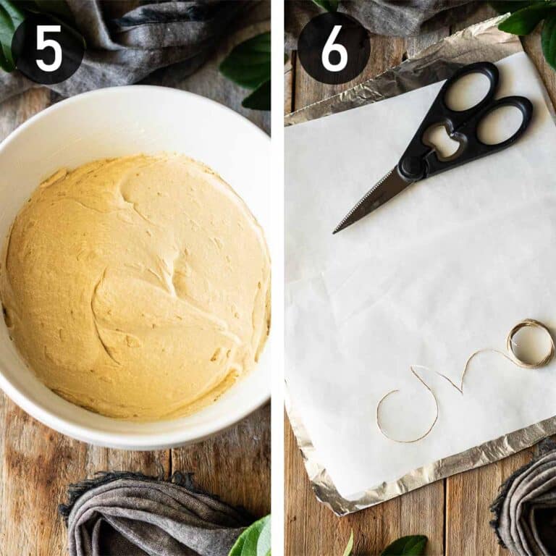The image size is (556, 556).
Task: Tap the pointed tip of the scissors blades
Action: tap(334, 232)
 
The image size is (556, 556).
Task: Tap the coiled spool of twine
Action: tap(530, 343)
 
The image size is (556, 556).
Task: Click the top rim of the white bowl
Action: tap(138, 94)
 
